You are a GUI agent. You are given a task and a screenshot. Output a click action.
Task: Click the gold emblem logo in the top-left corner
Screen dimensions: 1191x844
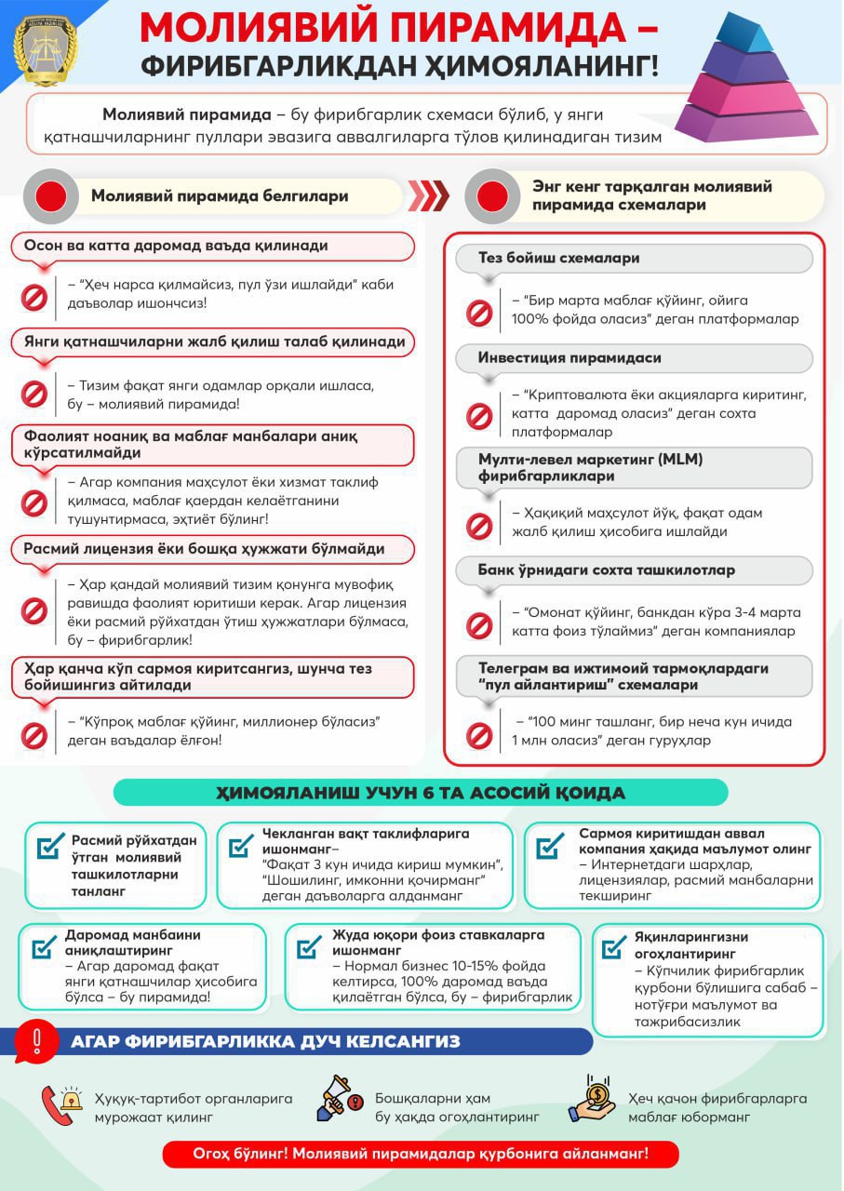(46, 47)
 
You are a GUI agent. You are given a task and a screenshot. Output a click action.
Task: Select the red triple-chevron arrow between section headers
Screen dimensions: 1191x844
(429, 195)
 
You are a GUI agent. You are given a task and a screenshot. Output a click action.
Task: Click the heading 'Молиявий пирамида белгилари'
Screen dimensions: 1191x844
(220, 196)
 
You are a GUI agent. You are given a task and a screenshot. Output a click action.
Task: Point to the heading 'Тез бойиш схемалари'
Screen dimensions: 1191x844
(558, 258)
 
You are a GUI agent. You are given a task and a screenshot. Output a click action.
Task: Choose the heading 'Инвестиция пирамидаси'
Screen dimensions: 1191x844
(569, 357)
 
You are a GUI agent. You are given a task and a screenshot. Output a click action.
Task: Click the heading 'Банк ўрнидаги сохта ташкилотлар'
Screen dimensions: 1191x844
(606, 569)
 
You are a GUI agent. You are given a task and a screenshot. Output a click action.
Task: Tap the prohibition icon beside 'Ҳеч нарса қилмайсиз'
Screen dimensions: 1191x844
(34, 297)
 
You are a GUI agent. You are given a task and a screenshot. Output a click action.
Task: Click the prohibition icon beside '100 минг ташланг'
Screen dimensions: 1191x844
(479, 733)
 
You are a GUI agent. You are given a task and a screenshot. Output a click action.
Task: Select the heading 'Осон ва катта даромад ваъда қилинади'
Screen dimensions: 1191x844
(176, 246)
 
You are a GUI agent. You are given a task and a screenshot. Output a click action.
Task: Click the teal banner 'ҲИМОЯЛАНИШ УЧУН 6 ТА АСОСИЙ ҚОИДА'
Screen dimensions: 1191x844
(421, 793)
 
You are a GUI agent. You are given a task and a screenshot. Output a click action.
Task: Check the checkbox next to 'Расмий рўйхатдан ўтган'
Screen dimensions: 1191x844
(49, 848)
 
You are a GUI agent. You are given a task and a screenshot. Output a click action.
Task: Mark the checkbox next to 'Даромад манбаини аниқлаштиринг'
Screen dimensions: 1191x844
(44, 947)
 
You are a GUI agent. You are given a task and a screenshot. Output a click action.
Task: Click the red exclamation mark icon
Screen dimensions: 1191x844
(36, 1039)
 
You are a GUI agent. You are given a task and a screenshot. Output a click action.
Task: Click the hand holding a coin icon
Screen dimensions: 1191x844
(593, 1102)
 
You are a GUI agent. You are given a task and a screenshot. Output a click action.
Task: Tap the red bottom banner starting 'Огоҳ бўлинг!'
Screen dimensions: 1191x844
(421, 1154)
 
